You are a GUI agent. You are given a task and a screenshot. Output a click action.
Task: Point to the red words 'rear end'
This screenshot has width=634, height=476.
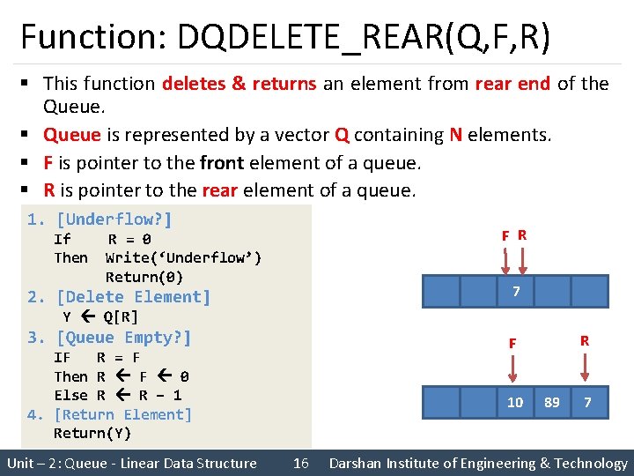pos(512,84)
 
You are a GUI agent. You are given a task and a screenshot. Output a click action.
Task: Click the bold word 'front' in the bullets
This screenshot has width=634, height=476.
pos(222,163)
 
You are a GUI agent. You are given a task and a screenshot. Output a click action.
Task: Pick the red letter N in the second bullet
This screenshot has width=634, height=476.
pos(455,135)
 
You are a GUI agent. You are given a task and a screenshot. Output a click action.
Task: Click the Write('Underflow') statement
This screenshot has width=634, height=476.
pos(183,257)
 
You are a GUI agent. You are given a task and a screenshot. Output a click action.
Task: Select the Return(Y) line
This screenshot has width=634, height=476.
pos(92,433)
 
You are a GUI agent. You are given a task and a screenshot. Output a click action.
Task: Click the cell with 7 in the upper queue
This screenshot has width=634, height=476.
pos(515,292)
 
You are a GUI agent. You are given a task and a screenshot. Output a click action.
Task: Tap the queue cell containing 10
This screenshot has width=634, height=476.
pos(515,402)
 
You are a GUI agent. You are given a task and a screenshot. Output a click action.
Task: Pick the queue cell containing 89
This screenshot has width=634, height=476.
pos(552,402)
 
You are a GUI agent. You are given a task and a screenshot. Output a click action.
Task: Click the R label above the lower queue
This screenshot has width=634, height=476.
pos(584,340)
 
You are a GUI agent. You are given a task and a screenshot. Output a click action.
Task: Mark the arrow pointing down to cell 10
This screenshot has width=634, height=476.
pos(512,368)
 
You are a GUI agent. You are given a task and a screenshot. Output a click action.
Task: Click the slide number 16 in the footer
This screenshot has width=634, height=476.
pos(300,463)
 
